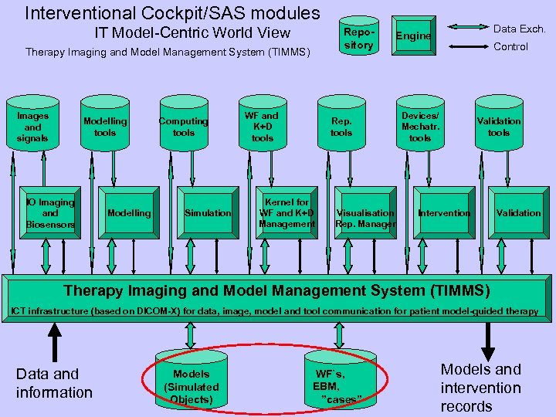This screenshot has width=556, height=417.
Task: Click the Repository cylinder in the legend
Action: coord(358,37)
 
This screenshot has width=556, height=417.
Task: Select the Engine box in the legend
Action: coord(413,36)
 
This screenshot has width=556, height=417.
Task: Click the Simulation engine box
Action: coord(207,212)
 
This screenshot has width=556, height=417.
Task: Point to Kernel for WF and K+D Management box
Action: coord(286,212)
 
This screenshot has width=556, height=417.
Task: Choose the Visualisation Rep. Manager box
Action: coord(365,212)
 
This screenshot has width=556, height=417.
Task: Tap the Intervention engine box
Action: coord(444,212)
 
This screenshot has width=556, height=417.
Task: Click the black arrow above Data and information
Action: coord(54,337)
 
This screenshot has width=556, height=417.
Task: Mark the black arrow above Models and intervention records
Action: coord(488,337)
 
